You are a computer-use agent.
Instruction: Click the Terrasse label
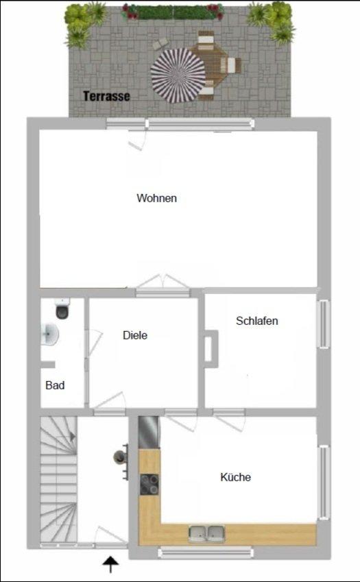[106, 96]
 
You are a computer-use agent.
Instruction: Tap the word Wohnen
[156, 198]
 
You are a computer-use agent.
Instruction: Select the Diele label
[135, 335]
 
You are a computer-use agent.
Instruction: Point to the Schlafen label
[257, 321]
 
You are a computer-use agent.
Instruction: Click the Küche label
[236, 477]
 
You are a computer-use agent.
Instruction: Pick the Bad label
[55, 385]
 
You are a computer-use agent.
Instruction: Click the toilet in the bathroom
[62, 308]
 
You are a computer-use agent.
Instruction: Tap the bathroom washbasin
[49, 334]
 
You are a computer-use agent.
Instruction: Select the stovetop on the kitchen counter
[149, 485]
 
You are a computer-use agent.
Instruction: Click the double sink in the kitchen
[206, 534]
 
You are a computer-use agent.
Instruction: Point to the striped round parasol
[178, 75]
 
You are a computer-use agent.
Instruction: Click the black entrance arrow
[110, 565]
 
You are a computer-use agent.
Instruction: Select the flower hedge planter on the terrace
[173, 12]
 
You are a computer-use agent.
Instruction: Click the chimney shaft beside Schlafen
[210, 349]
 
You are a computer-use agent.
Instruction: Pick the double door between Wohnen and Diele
[163, 284]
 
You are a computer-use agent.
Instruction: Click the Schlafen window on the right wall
[324, 324]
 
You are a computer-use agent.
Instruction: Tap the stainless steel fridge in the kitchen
[148, 433]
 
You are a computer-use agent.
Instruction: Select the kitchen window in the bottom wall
[206, 553]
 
